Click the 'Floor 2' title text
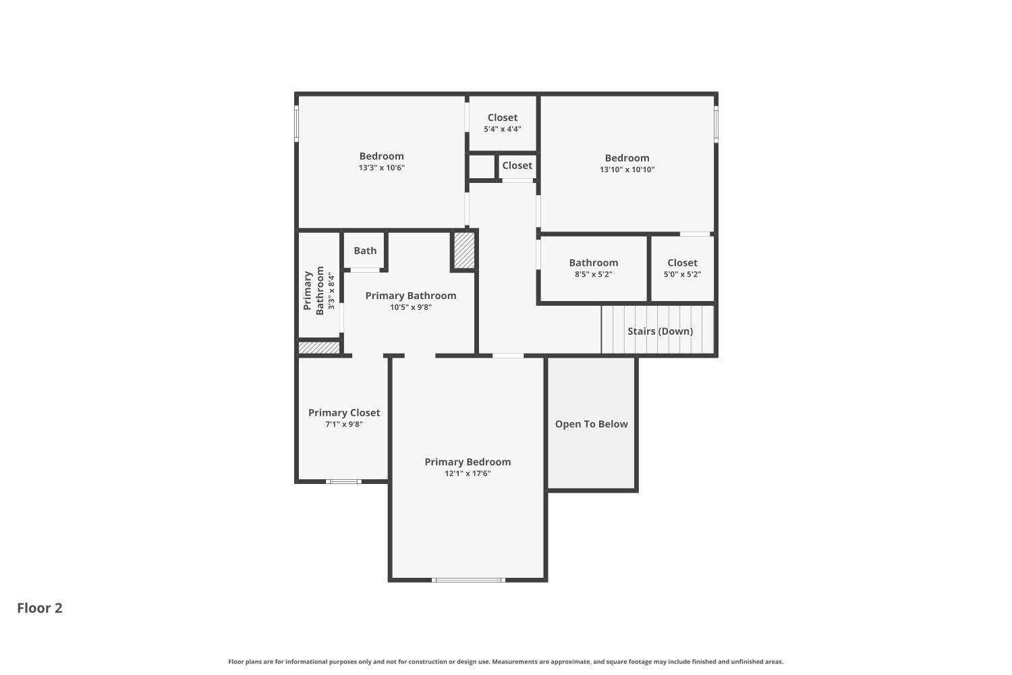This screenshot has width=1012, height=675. point(40,608)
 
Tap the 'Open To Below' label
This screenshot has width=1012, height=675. point(591,424)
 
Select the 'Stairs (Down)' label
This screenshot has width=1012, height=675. point(660,331)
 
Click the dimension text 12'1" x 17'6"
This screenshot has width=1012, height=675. point(468,474)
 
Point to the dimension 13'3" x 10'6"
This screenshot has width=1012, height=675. point(381,168)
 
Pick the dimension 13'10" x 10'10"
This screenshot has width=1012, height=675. point(627,170)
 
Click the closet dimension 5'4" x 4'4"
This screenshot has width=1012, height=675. point(502,129)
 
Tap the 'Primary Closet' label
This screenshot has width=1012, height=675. point(344,412)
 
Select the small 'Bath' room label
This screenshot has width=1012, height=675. point(365,250)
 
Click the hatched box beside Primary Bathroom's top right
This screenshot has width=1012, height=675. point(463,250)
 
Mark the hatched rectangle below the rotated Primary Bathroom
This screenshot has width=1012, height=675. point(319,348)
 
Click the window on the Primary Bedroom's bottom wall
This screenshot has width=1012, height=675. point(468,579)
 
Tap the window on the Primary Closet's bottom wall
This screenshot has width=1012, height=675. point(343,481)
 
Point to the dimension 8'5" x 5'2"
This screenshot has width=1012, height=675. point(593,275)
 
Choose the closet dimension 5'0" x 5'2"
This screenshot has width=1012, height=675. point(682,275)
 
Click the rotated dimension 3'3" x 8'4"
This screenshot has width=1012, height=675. point(331,291)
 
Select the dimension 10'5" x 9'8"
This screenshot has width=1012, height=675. point(410,307)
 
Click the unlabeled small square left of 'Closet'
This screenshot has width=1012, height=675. point(482,166)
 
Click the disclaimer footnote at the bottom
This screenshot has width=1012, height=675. point(506,661)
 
